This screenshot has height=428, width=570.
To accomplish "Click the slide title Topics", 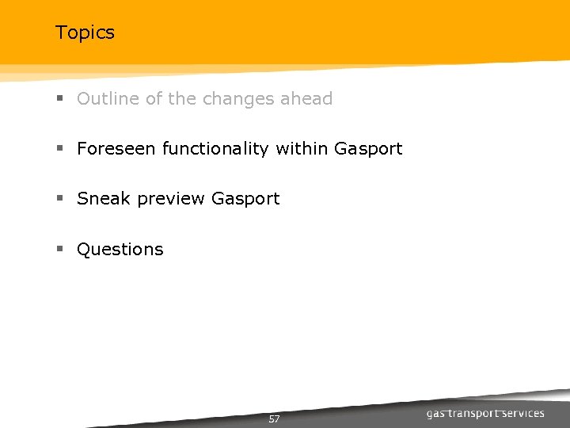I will tap(85, 32).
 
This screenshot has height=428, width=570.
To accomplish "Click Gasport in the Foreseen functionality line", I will tap(369, 149).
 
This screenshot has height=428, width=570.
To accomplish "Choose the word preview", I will tap(172, 199).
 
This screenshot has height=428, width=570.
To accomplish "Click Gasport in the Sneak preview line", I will tap(245, 199).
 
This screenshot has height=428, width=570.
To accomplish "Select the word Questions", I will tap(120, 250).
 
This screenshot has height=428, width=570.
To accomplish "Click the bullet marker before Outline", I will tap(59, 100).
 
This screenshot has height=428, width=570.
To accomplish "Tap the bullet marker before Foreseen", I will tap(59, 149).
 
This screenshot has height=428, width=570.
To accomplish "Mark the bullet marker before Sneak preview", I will tap(59, 199).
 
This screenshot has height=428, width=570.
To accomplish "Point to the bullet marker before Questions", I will tap(59, 250).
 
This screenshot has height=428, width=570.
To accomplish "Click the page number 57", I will tap(274, 418).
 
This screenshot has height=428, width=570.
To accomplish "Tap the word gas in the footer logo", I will tap(436, 414).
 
